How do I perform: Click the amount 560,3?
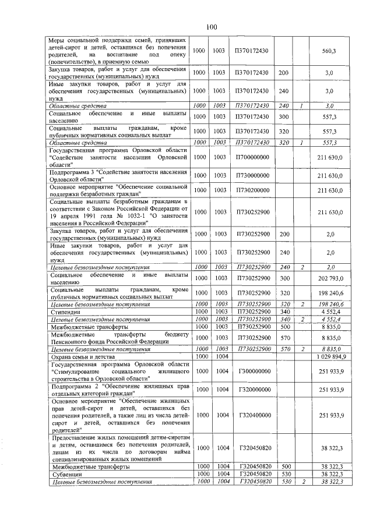(x=329, y=51)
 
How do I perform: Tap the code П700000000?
(x=252, y=157)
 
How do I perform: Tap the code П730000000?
(x=252, y=175)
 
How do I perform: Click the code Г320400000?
(x=252, y=415)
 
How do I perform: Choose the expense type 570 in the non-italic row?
(x=284, y=337)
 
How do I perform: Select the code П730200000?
(x=252, y=190)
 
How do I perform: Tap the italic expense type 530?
(x=284, y=482)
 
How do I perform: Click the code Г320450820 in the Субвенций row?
(x=252, y=475)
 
